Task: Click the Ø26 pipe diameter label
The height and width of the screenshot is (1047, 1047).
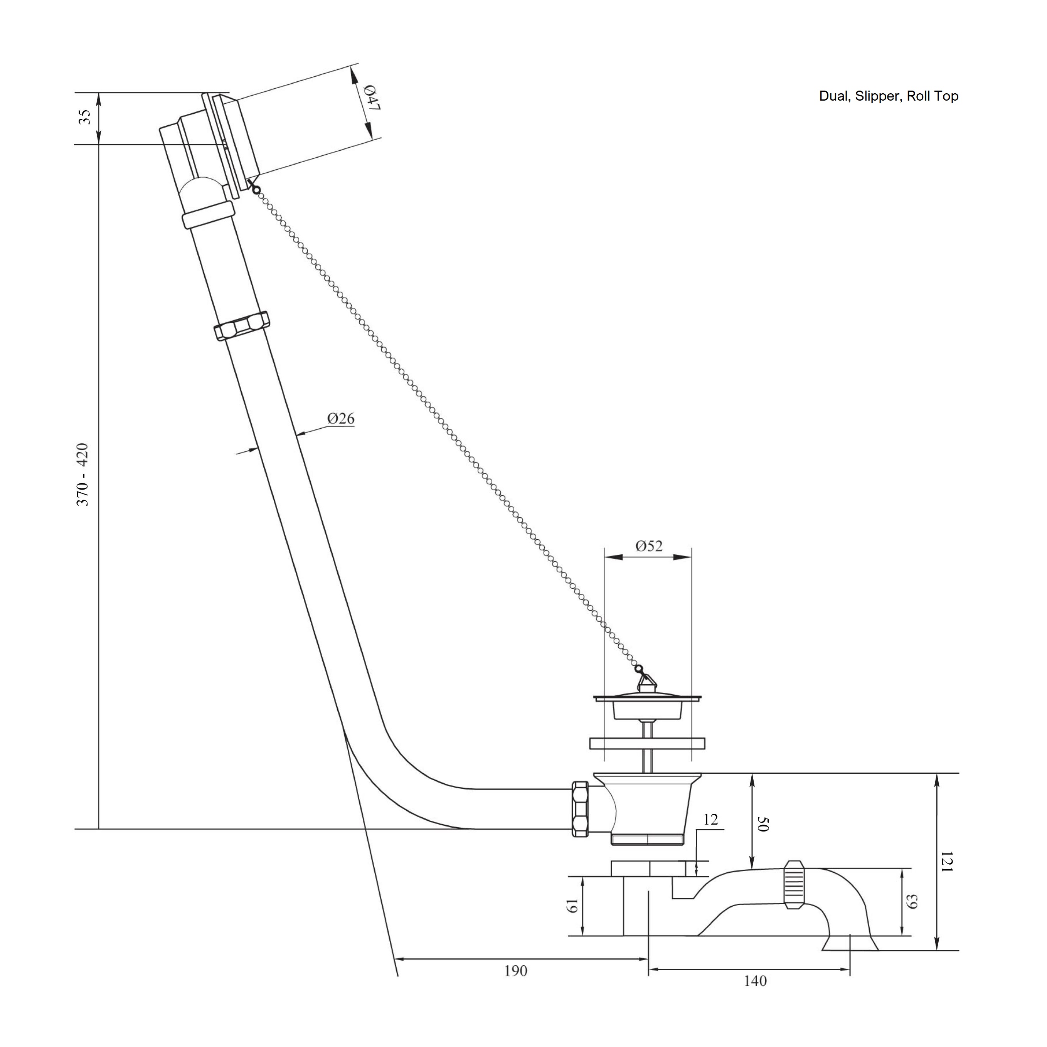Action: click(340, 418)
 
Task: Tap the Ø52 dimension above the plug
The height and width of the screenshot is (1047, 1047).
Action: click(649, 546)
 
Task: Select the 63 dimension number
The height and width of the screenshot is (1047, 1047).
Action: click(912, 902)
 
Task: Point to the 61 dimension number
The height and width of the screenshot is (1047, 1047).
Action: click(572, 906)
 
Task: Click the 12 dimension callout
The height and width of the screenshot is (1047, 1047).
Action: click(710, 820)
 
